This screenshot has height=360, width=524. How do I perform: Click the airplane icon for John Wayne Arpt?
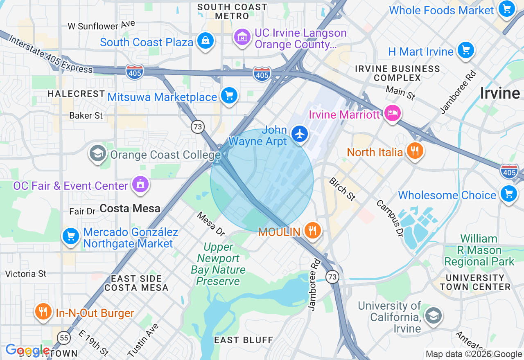[x=300, y=134]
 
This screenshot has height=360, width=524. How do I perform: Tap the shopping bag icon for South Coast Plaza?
[x=205, y=40]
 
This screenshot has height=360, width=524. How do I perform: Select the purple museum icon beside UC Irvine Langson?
[x=242, y=37]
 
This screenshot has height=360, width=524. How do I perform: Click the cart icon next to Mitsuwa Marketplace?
[x=229, y=96]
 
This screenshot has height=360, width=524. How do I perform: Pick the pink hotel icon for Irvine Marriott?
[x=392, y=113]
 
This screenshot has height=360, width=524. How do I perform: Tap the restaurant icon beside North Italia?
[x=415, y=151]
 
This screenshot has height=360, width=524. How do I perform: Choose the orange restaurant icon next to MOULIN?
[x=313, y=230]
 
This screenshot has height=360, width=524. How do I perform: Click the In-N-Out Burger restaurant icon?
[x=43, y=311]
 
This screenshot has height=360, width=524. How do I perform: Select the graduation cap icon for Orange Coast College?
[x=97, y=154]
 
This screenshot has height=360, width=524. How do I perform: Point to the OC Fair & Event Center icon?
[x=140, y=184]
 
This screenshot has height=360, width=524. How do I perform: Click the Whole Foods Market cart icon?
[x=506, y=9]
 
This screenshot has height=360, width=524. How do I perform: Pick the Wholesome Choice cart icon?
[x=508, y=193]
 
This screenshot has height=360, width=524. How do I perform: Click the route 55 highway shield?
[x=64, y=338]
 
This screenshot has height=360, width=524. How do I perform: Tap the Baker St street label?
[x=86, y=116]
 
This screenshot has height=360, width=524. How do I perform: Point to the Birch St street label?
[x=342, y=189]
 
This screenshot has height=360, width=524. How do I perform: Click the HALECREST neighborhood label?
[x=76, y=94]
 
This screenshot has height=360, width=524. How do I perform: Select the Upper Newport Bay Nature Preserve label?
[x=218, y=264]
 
